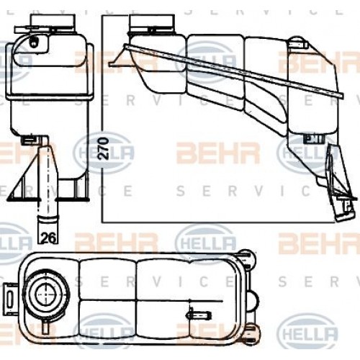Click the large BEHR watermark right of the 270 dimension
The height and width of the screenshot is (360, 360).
click(x=209, y=153)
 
